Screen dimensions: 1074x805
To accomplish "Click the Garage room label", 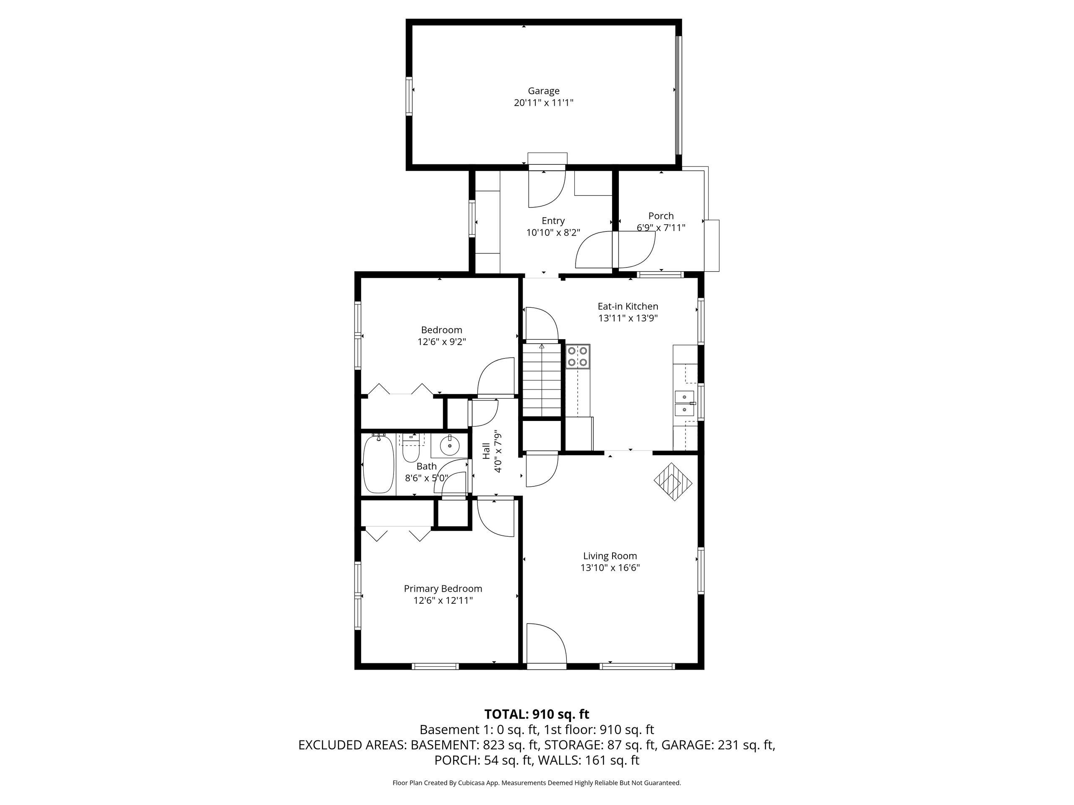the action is [543, 91].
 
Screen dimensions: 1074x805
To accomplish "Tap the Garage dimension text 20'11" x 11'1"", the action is [543, 103].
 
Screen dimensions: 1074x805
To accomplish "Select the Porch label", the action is [661, 216].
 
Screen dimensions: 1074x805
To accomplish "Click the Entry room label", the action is [553, 221].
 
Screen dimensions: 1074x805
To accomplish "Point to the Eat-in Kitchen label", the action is [628, 306].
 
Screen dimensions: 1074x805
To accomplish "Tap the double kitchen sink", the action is [685, 404].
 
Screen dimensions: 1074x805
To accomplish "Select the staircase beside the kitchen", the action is [541, 379].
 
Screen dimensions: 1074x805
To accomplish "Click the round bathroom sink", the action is [450, 445].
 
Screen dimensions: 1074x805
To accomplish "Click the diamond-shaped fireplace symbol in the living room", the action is [673, 482].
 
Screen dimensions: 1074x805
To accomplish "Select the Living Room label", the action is [610, 556].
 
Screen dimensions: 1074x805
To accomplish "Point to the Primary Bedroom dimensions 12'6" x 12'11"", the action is [443, 601].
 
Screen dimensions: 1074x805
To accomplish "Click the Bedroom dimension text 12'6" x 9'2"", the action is [442, 342].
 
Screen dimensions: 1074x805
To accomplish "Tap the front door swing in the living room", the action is [546, 644].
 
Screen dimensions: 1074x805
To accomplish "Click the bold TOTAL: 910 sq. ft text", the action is [537, 714].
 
